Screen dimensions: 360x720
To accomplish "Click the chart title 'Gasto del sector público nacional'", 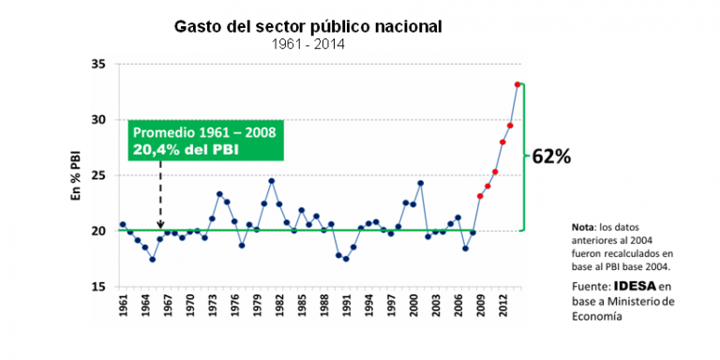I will pyautogui.click(x=308, y=25).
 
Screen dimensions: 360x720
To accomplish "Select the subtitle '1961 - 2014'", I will pyautogui.click(x=308, y=43).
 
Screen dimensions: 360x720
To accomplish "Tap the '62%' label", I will pyautogui.click(x=551, y=157).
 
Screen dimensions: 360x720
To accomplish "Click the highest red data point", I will pyautogui.click(x=517, y=84).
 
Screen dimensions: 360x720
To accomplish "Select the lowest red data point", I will pyautogui.click(x=480, y=196).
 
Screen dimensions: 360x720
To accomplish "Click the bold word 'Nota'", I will pyautogui.click(x=585, y=228).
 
